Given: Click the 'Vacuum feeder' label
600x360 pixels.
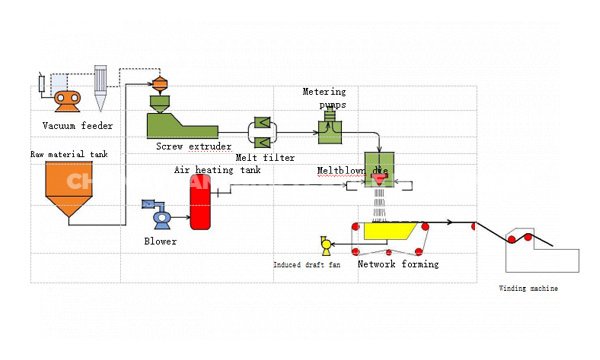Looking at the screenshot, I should point(77,126).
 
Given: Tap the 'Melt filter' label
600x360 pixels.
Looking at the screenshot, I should point(267,157).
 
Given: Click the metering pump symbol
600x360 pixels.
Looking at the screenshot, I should point(327,125).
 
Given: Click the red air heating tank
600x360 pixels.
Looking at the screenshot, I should point(200,204).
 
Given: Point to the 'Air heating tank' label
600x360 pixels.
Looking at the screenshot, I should point(217,170).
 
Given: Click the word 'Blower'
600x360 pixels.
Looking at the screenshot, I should point(160,241).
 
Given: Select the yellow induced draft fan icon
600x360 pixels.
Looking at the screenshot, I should point(324,244).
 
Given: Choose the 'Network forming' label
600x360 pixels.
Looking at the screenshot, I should point(398,264).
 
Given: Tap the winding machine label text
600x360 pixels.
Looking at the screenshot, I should point(529,289).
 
